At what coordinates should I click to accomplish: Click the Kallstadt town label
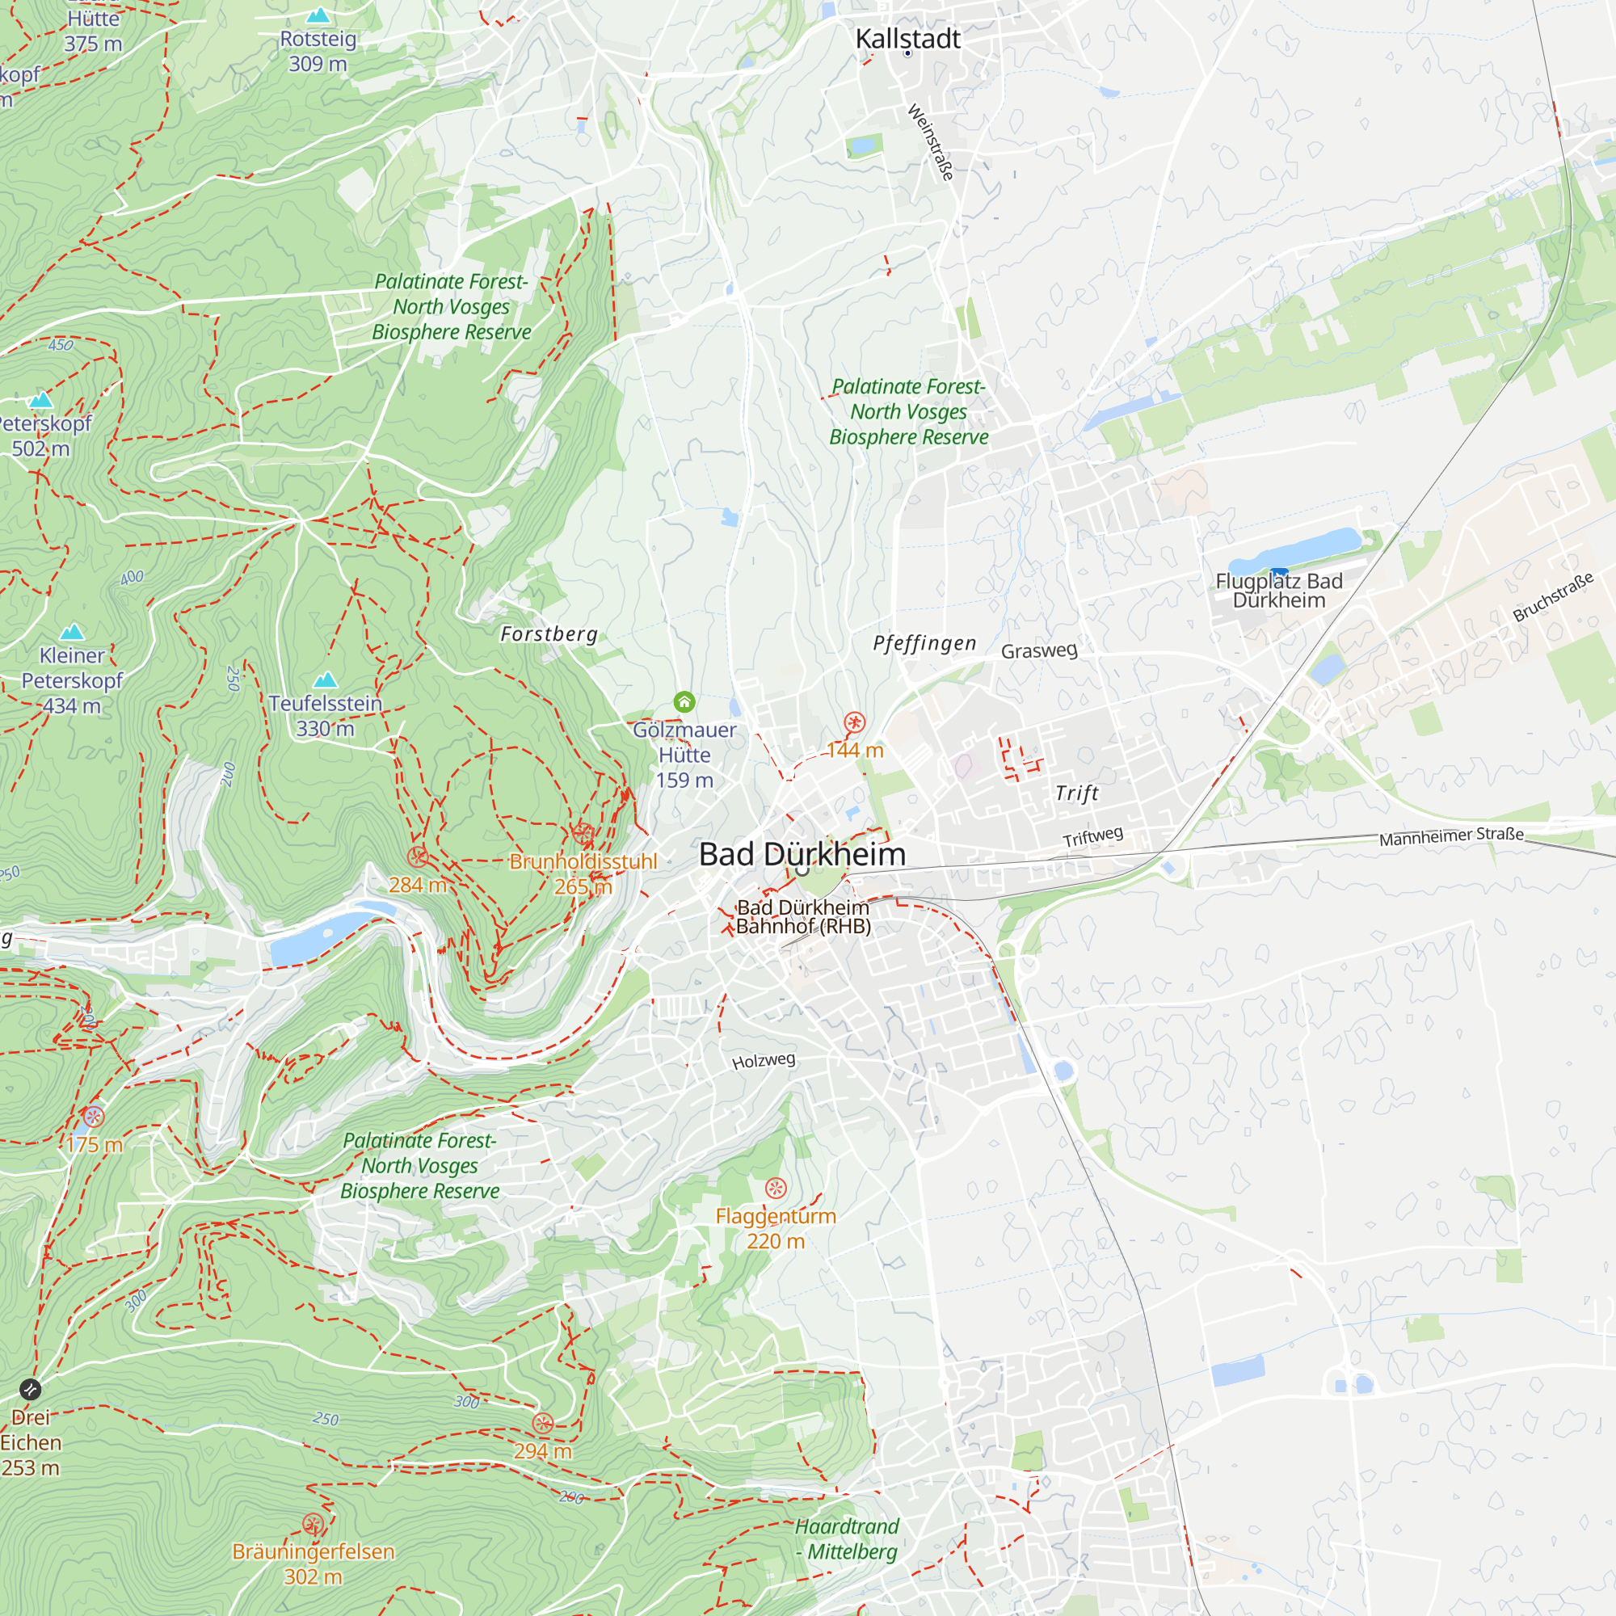pyautogui.click(x=907, y=39)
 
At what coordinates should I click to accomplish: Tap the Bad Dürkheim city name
pyautogui.click(x=802, y=854)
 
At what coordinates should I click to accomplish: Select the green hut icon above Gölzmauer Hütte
pyautogui.click(x=684, y=702)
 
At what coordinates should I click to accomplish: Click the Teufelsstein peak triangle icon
pyautogui.click(x=326, y=680)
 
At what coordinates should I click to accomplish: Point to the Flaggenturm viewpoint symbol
pyautogui.click(x=776, y=1188)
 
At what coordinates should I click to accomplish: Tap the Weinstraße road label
pyautogui.click(x=930, y=141)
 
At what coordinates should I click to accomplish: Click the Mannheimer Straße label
pyautogui.click(x=1451, y=835)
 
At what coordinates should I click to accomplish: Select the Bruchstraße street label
pyautogui.click(x=1552, y=597)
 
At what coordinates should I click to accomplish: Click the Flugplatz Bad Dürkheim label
pyautogui.click(x=1279, y=591)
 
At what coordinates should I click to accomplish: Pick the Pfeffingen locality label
pyautogui.click(x=924, y=643)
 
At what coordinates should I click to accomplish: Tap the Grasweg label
pyautogui.click(x=1039, y=650)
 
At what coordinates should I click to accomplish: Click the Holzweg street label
pyautogui.click(x=763, y=1061)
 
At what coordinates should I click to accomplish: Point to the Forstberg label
pyautogui.click(x=549, y=634)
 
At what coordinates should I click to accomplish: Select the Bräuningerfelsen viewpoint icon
pyautogui.click(x=313, y=1524)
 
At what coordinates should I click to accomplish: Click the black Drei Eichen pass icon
pyautogui.click(x=30, y=1389)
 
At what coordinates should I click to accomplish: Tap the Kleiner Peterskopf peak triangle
pyautogui.click(x=73, y=632)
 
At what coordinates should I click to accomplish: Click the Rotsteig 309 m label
pyautogui.click(x=318, y=51)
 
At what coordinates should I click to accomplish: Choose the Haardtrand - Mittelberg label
pyautogui.click(x=847, y=1538)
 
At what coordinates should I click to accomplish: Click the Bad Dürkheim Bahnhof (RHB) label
pyautogui.click(x=803, y=917)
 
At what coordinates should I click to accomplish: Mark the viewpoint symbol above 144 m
pyautogui.click(x=854, y=722)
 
